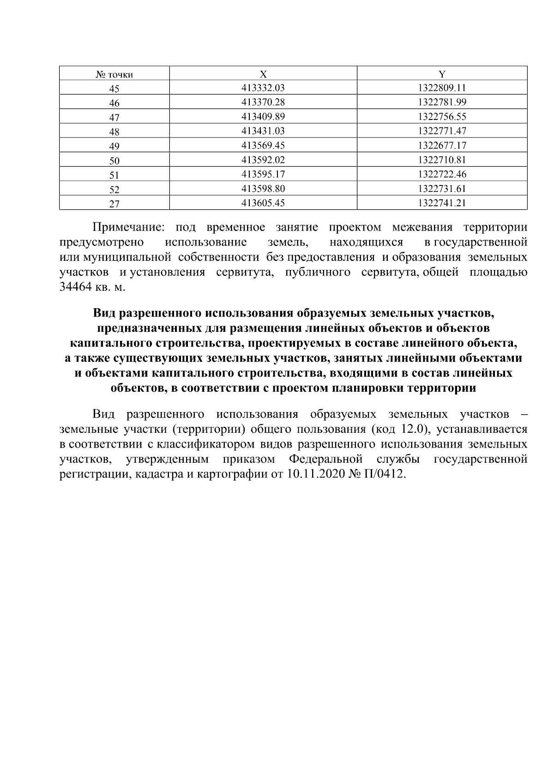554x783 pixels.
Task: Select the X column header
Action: point(263,74)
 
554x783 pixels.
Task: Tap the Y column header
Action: point(442,74)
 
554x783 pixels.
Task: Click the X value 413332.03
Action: point(263,88)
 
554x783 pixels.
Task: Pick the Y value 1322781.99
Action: point(442,102)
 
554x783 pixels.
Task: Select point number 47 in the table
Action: point(114,117)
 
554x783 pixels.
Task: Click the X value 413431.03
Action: point(263,131)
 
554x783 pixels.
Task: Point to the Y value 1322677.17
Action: point(442,145)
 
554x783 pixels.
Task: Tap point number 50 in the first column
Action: point(114,161)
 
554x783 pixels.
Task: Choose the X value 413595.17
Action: point(263,174)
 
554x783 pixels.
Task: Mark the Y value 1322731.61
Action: point(442,189)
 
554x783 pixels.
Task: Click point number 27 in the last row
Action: point(114,204)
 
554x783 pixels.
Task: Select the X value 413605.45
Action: point(263,203)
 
